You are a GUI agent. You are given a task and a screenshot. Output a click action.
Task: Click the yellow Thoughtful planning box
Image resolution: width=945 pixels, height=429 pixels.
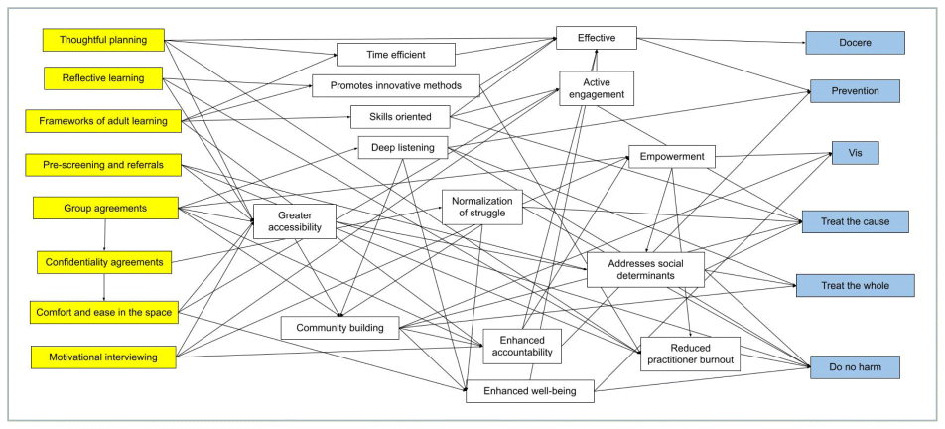click(103, 40)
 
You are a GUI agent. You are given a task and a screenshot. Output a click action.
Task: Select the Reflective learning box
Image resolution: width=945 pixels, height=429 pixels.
click(103, 77)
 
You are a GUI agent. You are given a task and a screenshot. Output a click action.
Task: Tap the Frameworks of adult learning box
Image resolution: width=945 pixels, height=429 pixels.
click(103, 121)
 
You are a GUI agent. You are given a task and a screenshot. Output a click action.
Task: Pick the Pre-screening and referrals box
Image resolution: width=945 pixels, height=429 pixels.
click(103, 163)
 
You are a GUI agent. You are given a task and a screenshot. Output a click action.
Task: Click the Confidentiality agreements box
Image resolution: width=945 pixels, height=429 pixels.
click(103, 262)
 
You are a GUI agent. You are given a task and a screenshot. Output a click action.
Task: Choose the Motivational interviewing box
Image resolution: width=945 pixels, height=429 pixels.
click(103, 357)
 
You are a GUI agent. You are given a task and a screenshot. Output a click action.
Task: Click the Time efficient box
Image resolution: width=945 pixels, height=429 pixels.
click(395, 54)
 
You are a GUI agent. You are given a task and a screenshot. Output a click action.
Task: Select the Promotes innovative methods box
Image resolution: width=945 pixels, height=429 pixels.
click(396, 85)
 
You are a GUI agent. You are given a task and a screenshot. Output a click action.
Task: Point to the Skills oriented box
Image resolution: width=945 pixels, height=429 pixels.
click(400, 116)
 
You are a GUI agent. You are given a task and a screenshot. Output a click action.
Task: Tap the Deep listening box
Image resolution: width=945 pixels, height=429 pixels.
click(403, 148)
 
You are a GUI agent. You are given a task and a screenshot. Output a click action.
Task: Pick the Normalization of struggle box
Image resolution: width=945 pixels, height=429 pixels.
click(481, 207)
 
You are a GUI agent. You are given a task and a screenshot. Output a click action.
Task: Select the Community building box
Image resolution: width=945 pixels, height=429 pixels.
click(339, 327)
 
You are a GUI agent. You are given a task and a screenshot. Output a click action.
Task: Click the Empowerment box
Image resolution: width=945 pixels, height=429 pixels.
click(672, 156)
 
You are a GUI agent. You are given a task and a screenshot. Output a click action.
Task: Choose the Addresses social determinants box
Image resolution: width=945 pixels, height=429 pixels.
click(644, 269)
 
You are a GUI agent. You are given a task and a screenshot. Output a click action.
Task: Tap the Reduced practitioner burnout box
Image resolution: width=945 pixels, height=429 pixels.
click(690, 354)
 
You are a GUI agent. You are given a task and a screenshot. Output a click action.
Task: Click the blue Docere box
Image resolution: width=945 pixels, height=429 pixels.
click(855, 42)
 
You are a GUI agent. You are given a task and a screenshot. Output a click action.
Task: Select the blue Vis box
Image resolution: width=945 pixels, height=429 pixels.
click(855, 153)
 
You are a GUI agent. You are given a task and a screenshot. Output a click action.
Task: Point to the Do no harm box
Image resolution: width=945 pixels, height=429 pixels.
click(855, 367)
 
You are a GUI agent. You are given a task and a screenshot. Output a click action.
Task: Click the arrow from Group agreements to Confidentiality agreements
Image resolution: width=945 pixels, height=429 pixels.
click(104, 235)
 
